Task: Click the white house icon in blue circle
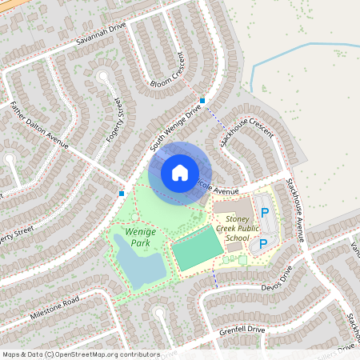pos(180,173)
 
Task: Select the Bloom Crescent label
pos(171,73)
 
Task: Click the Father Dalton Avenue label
pos(38,126)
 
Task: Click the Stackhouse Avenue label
pos(296,210)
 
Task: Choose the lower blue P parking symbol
pos(263,243)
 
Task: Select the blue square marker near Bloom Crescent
pos(203,101)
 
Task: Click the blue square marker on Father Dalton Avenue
pos(122,193)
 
